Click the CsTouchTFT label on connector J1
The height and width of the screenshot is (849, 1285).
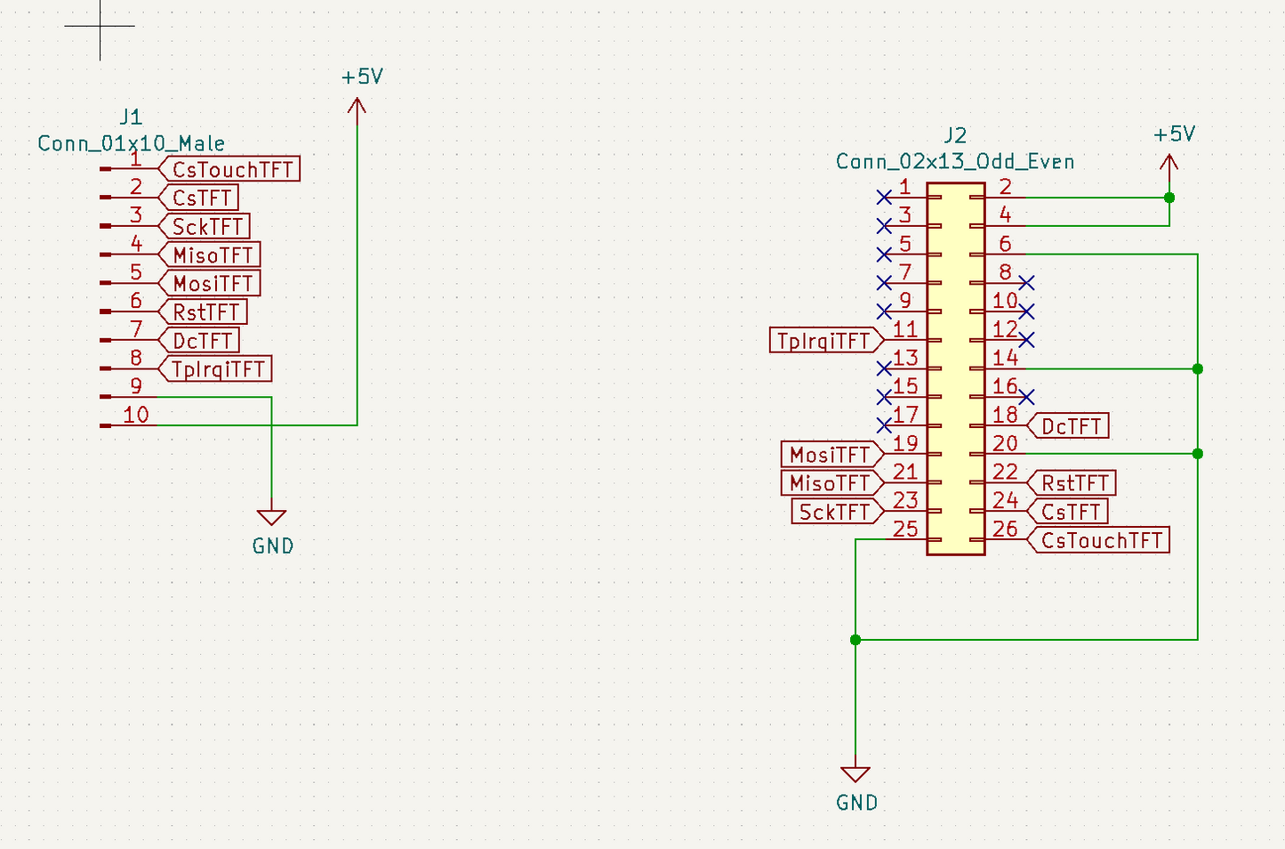pos(231,169)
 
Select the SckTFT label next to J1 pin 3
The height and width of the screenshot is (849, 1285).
pos(206,226)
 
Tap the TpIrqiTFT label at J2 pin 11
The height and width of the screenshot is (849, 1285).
pos(823,340)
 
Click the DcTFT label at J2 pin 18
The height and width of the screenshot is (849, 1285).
pos(1071,426)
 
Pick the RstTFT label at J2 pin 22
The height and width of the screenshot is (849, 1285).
pos(1074,483)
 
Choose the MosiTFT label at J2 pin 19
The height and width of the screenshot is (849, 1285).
pos(829,455)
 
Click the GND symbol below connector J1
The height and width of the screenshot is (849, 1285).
pos(271,518)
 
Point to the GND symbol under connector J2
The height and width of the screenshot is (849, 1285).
pos(855,774)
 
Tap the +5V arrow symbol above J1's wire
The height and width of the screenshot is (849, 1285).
pos(357,107)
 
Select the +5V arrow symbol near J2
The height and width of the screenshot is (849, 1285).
pos(1169,163)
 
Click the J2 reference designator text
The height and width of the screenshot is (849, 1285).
pos(955,135)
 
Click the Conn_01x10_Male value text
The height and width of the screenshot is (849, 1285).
pos(131,143)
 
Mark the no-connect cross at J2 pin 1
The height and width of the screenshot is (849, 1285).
pos(884,197)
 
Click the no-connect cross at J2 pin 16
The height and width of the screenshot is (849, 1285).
pos(1027,396)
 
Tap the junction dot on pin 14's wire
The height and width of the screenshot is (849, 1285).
pos(1198,368)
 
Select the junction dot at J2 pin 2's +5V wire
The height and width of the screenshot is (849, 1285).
pos(1169,198)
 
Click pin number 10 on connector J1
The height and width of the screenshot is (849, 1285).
pos(136,415)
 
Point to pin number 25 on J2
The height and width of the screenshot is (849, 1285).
pos(905,529)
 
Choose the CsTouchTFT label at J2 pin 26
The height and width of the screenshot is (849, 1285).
pos(1101,540)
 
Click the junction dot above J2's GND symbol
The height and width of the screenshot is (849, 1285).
pos(855,640)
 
